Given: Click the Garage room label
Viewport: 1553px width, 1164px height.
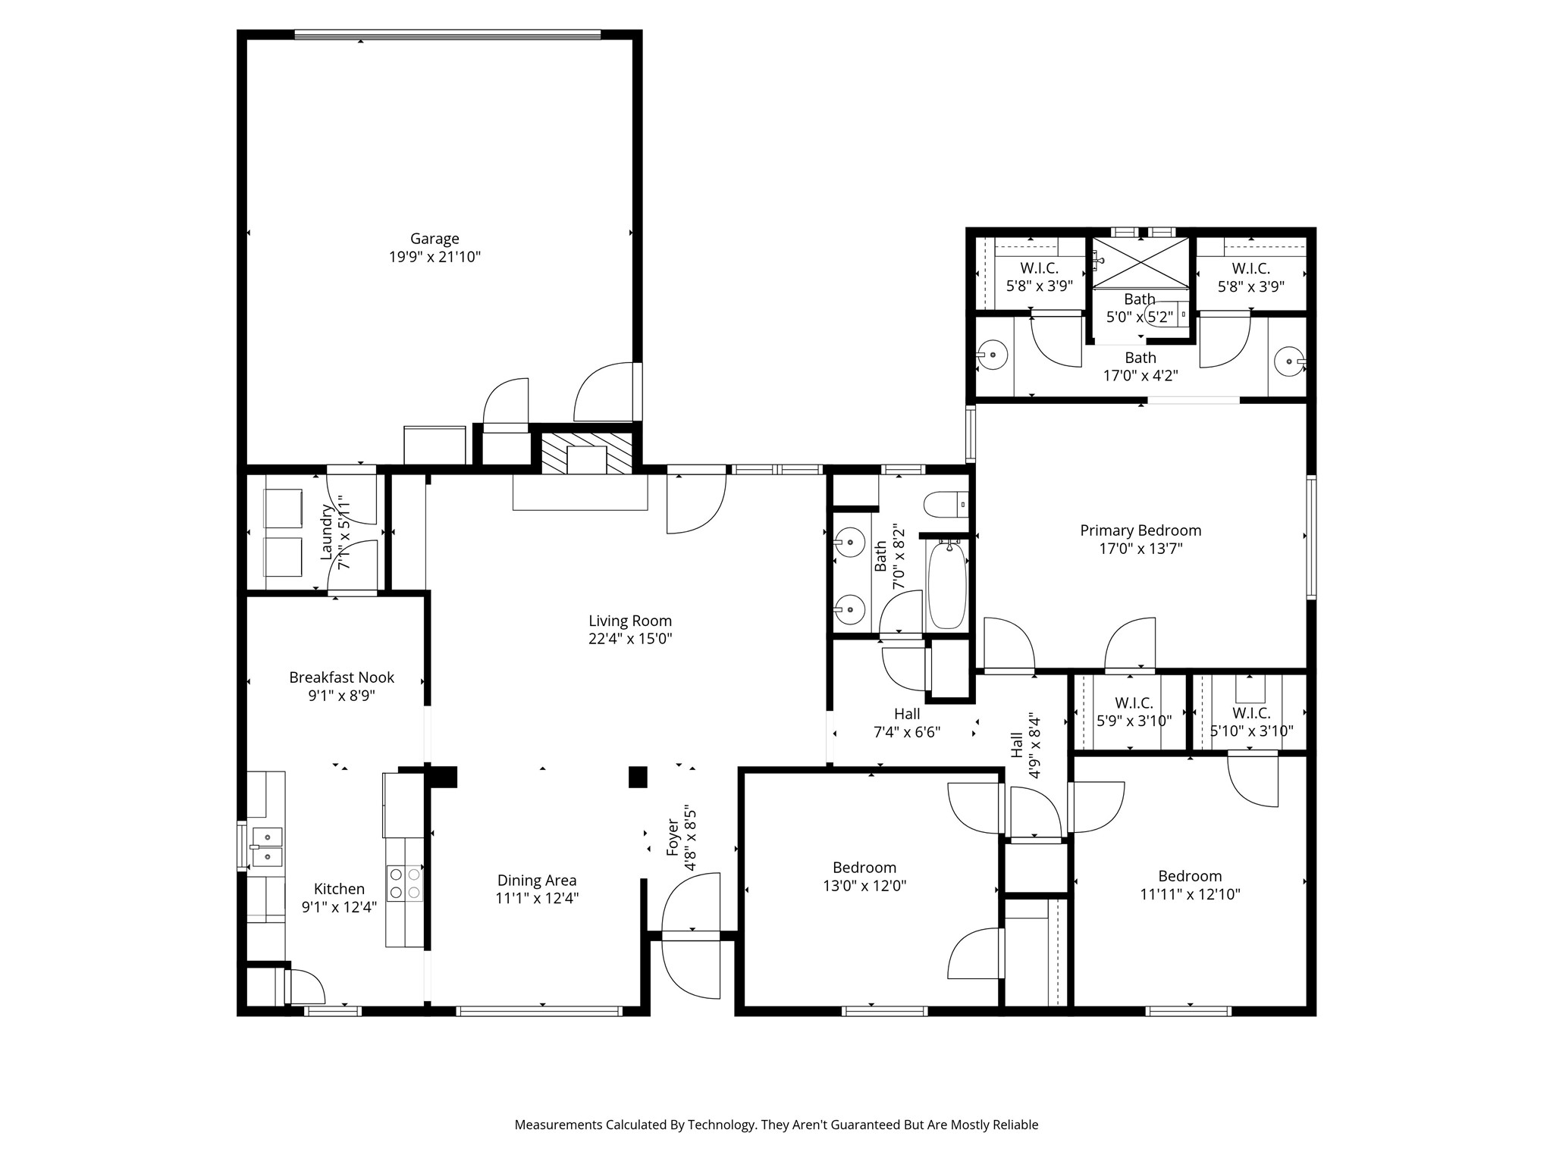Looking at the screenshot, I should tap(435, 239).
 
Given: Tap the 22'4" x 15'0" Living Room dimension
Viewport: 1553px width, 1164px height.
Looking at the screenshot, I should tap(630, 639).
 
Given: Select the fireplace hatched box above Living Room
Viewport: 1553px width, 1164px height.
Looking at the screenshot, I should tap(586, 453).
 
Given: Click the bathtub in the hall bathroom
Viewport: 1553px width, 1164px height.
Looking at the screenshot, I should tap(947, 584).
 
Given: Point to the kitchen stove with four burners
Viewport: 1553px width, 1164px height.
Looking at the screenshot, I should tap(405, 884).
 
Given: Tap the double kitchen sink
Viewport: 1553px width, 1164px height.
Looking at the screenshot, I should tap(266, 846).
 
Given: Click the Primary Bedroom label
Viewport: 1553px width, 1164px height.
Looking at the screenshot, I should tap(1140, 530).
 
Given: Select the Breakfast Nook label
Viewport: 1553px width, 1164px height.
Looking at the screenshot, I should tap(341, 677).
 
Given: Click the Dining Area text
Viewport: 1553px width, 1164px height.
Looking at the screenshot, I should tap(537, 881).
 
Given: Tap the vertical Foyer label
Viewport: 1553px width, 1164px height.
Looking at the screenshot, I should tap(673, 837).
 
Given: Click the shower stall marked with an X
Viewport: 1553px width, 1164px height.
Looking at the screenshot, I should tap(1140, 262).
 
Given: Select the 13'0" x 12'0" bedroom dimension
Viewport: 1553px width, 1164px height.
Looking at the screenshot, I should tap(864, 885).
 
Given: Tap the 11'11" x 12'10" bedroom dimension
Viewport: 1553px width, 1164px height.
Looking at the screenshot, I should tap(1190, 894).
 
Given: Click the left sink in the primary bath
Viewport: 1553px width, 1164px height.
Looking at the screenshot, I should tap(992, 355).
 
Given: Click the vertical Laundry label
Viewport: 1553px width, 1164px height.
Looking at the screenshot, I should tap(327, 532).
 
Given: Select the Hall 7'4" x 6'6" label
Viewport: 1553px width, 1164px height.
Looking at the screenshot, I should tap(907, 723).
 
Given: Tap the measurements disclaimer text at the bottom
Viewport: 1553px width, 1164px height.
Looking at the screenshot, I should tap(776, 1125).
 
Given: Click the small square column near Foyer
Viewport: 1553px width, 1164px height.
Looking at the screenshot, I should tap(638, 777).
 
